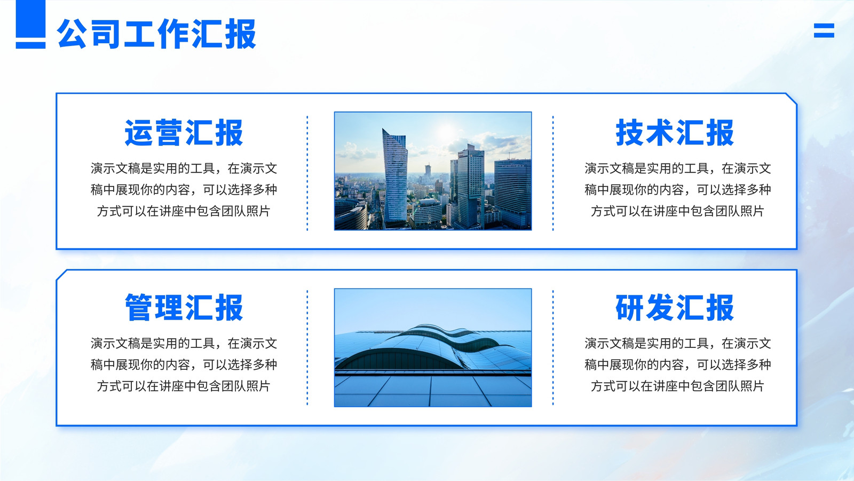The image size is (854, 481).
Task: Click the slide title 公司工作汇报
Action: point(156,34)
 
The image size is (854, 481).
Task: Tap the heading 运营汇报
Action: point(184,133)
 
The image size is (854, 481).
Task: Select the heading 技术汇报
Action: point(675,133)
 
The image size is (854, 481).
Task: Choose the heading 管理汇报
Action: point(184,307)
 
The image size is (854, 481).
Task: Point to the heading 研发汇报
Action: point(675,307)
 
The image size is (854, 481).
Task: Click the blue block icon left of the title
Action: point(30,24)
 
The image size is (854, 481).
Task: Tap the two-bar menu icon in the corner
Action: point(824,30)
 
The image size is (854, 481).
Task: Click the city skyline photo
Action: point(433,171)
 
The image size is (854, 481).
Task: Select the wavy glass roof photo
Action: point(433,348)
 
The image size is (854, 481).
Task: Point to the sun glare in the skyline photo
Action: point(446,131)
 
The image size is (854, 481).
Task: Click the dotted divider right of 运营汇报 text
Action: point(307,173)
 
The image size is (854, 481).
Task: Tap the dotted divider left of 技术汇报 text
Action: point(553,173)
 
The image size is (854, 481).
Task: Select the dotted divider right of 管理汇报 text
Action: point(307,348)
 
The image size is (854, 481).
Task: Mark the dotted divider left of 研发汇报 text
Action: point(553,348)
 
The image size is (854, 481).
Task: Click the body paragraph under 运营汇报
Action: point(184,190)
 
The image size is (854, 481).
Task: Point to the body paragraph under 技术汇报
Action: point(677,190)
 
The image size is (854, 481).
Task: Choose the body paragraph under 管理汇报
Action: point(184,364)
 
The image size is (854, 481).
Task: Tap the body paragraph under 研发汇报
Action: point(677,364)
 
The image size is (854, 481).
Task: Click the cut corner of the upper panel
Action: point(792,98)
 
